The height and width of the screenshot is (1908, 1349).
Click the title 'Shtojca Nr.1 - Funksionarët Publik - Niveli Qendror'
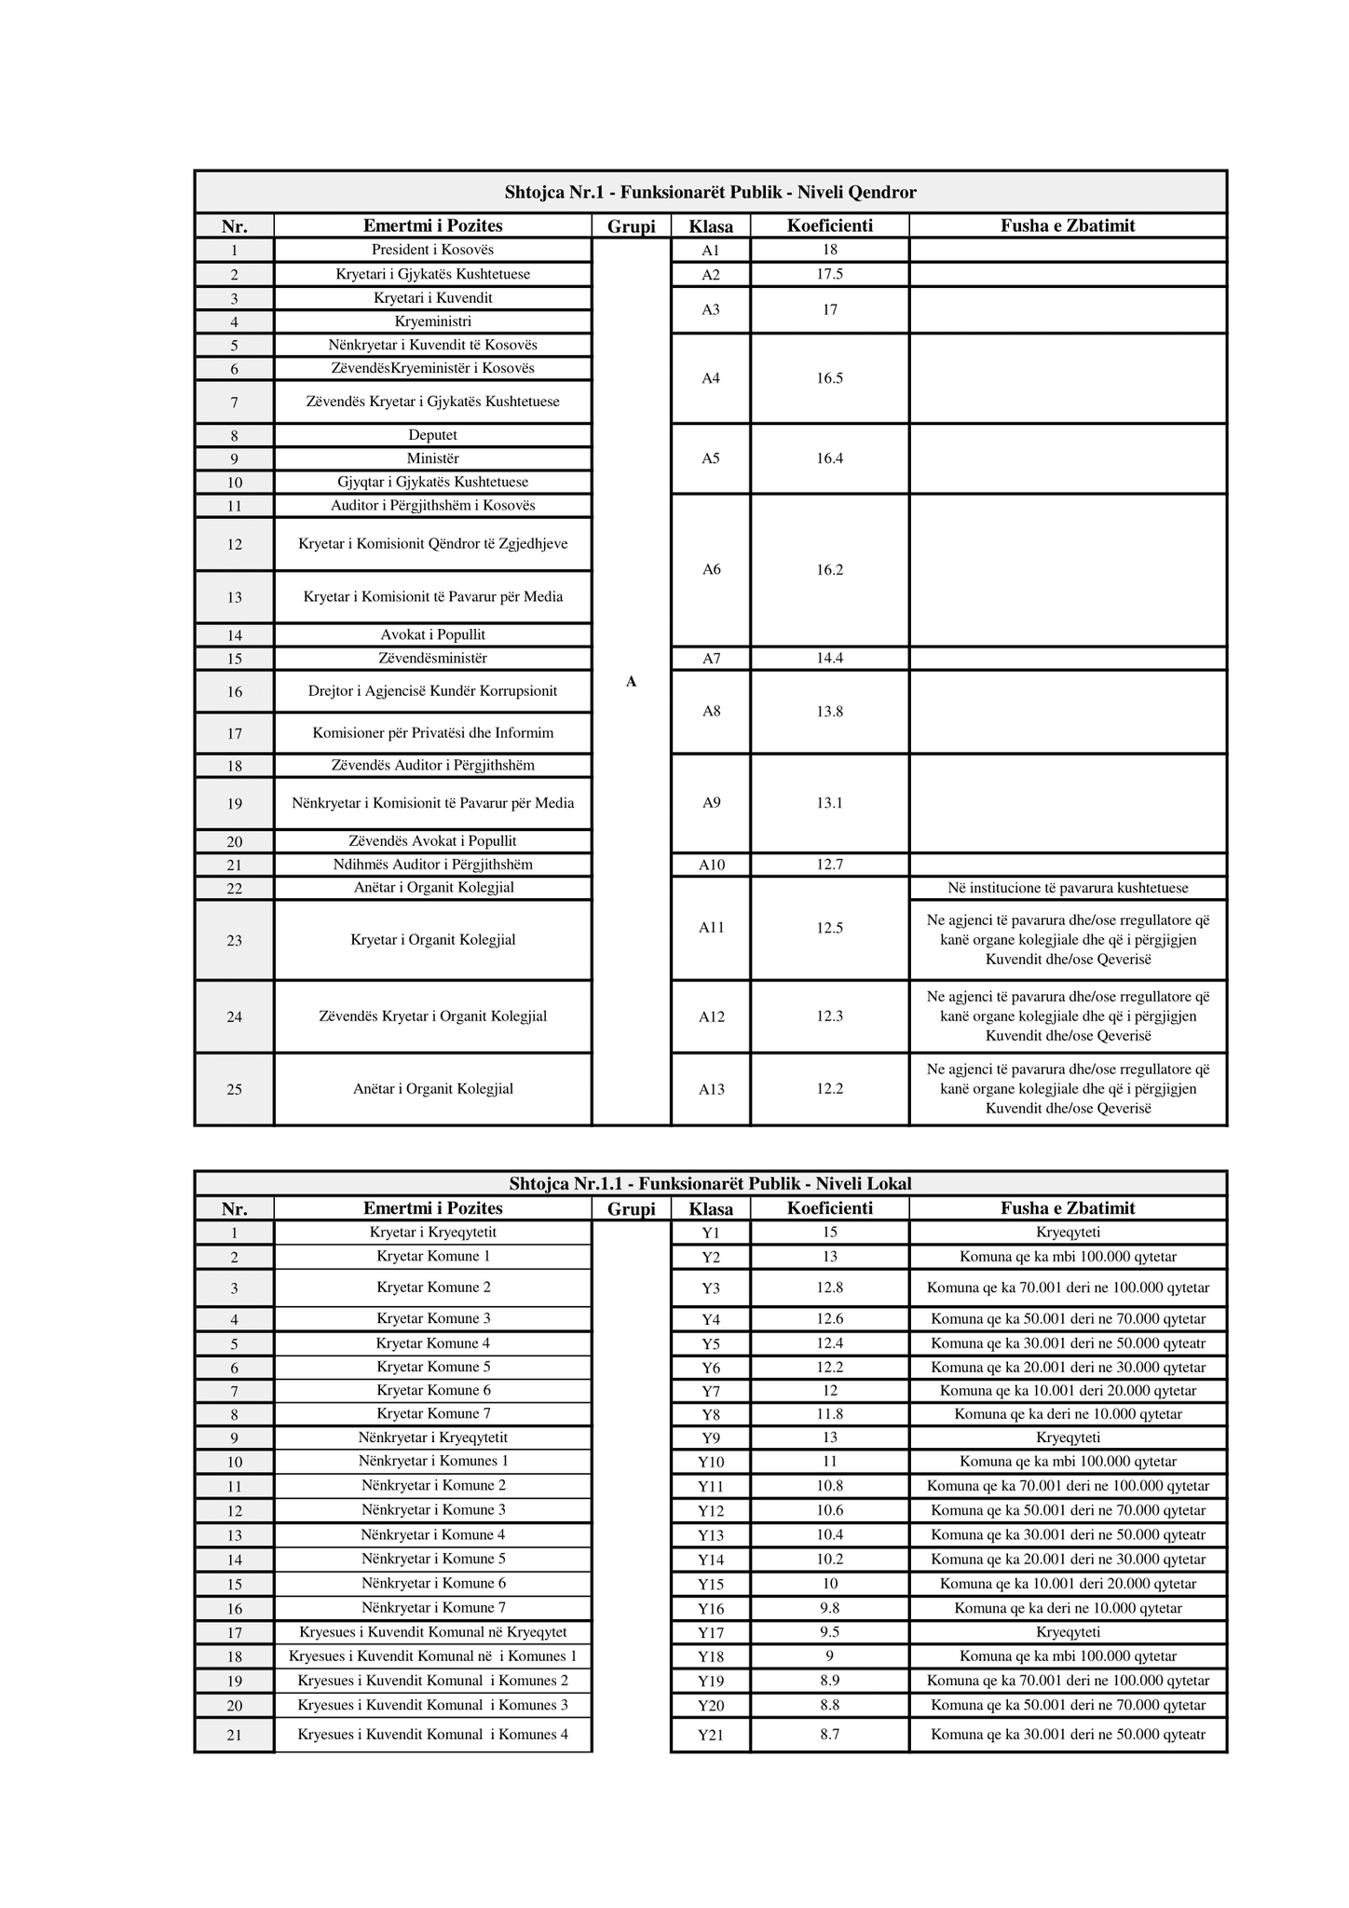click(710, 193)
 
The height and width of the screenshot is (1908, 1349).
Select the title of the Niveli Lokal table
click(710, 1184)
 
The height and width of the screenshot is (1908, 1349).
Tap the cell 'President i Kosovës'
click(432, 250)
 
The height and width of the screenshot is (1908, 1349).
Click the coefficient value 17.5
click(829, 274)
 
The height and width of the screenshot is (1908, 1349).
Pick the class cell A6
click(711, 570)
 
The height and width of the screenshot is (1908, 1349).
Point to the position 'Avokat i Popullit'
click(432, 634)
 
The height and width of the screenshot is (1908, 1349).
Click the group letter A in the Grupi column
click(631, 682)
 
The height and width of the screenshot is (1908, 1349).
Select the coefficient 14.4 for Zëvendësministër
click(829, 659)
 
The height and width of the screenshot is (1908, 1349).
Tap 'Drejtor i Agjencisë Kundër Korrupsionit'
click(432, 691)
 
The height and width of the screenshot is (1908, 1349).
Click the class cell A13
click(711, 1089)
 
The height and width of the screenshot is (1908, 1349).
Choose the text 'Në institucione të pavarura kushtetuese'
click(1068, 888)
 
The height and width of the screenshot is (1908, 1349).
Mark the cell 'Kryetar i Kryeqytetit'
click(432, 1233)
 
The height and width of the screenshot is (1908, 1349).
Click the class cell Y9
click(711, 1438)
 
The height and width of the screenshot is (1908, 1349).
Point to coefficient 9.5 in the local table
click(829, 1632)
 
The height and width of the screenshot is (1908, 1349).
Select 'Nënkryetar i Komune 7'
click(432, 1608)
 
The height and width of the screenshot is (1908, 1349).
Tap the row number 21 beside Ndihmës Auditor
click(234, 865)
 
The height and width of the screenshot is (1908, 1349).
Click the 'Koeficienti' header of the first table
click(829, 225)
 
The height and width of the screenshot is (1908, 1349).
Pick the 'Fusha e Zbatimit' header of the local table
click(1068, 1208)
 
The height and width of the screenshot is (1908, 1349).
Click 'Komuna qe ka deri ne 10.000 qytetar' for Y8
click(1068, 1414)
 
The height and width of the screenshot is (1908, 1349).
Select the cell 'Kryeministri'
click(432, 321)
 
